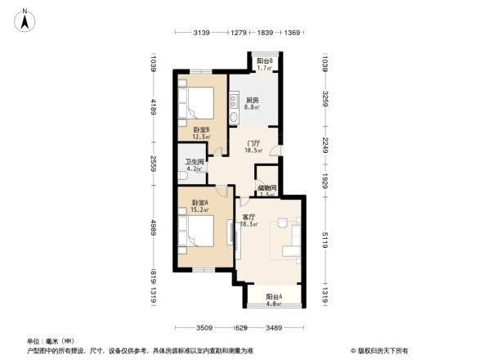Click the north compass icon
26,19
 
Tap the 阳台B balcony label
264,63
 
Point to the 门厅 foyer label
253,146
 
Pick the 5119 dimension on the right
325,238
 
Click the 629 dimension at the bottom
241,328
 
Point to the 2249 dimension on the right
325,145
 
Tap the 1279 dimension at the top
239,33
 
